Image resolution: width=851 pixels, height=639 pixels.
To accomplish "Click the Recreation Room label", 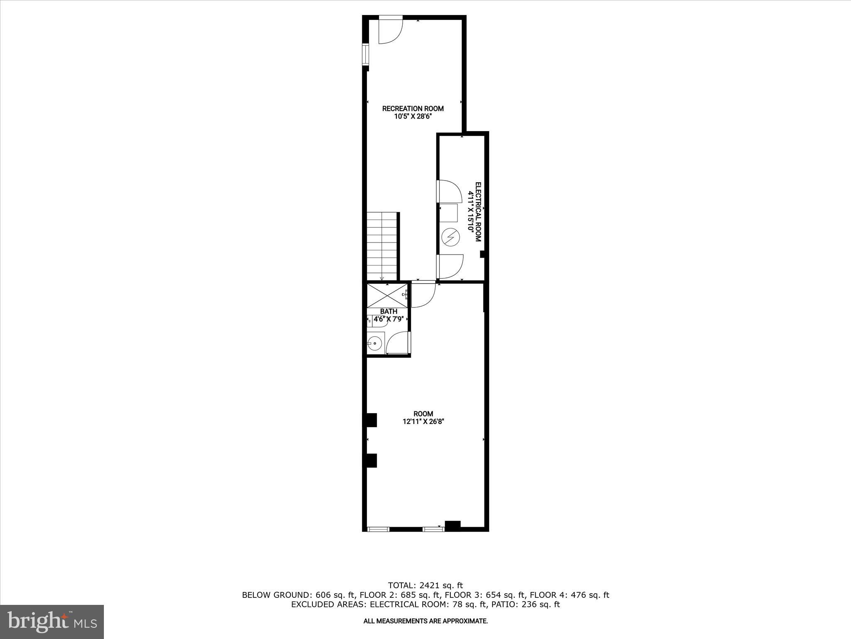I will [413, 109].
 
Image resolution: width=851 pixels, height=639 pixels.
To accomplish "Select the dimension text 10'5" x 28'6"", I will [413, 117].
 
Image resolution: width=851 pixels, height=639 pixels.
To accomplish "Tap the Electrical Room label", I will [478, 212].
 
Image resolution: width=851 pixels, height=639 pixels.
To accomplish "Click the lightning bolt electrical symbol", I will [450, 238].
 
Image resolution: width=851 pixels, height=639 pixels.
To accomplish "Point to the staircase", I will [382, 246].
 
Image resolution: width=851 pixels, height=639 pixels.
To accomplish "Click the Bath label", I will [389, 311].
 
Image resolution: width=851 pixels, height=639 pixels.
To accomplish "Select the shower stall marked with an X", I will [387, 296].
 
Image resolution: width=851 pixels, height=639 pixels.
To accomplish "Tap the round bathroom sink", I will [374, 344].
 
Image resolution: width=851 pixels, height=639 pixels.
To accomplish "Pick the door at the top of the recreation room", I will [391, 30].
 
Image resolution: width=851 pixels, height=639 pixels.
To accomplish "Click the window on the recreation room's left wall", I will [365, 54].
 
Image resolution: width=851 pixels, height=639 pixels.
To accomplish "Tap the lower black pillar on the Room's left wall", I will [371, 461].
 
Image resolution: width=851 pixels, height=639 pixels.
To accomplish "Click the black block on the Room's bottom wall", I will [453, 526].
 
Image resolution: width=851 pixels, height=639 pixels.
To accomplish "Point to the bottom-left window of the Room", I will [378, 529].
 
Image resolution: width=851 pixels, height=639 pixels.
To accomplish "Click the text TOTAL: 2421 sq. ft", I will [425, 586].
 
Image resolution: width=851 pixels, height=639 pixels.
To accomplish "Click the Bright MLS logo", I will [52, 622].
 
